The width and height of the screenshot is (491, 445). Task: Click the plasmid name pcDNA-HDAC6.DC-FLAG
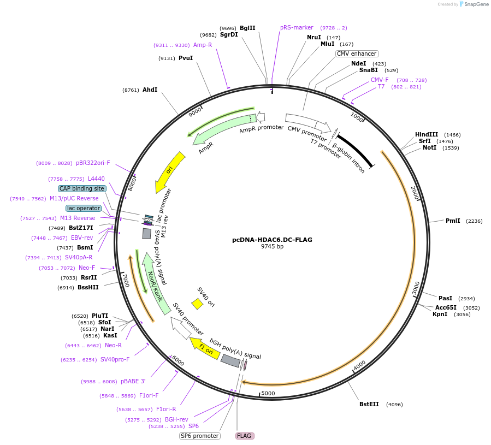(272, 239)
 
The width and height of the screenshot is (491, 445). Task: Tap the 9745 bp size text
(272, 246)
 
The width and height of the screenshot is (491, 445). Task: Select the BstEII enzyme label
(369, 404)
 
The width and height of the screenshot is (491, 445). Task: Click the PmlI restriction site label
(453, 221)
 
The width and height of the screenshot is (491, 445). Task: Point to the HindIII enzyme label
(427, 134)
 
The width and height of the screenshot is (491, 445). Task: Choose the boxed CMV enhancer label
(357, 54)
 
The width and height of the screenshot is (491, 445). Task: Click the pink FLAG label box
(244, 436)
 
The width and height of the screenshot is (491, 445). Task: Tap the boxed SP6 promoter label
(200, 436)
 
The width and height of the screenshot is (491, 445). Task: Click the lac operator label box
(84, 208)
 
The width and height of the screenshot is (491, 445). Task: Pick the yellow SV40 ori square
(197, 304)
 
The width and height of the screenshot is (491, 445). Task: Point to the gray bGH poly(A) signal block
(230, 361)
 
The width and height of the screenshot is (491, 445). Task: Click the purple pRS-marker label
(297, 27)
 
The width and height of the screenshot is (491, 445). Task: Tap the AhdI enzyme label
(150, 90)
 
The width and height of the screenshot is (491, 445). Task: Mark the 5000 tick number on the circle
(268, 393)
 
